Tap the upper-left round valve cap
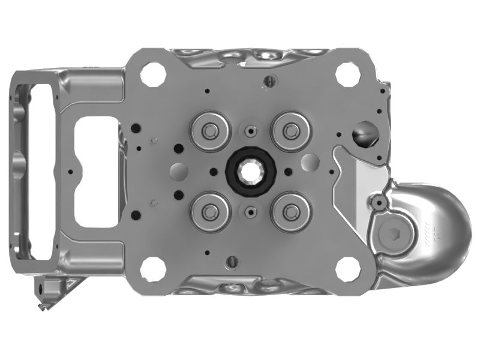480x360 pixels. (x=210, y=130)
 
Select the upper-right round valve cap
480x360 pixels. (x=292, y=130)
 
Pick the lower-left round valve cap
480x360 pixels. (x=210, y=211)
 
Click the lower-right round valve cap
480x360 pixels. (x=292, y=211)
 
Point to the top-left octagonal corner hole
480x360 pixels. (x=152, y=75)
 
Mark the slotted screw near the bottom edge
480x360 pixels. (x=232, y=262)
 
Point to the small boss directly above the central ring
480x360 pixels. (x=251, y=131)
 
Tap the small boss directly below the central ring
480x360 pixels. (x=251, y=211)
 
